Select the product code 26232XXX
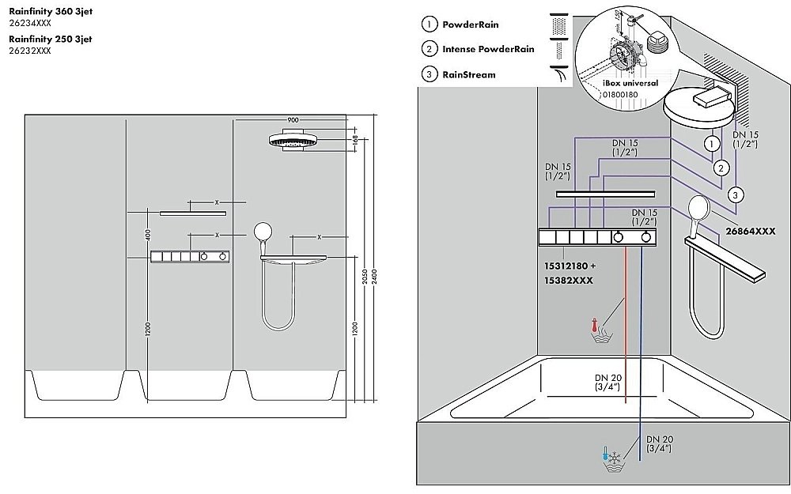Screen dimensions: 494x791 click(30, 51)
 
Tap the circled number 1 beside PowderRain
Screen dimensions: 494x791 click(429, 25)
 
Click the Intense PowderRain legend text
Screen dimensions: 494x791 click(488, 49)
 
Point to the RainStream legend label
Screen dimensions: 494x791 click(469, 75)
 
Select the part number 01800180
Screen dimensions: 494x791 click(620, 95)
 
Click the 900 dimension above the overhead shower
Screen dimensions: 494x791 click(293, 119)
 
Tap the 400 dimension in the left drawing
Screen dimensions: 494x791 click(148, 234)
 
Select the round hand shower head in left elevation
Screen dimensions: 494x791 click(263, 232)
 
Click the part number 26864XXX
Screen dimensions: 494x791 click(751, 232)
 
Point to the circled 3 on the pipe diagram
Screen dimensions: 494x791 click(735, 194)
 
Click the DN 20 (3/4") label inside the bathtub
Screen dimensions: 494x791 click(607, 381)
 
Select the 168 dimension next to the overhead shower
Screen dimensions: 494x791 click(355, 141)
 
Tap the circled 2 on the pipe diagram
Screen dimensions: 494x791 click(721, 168)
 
